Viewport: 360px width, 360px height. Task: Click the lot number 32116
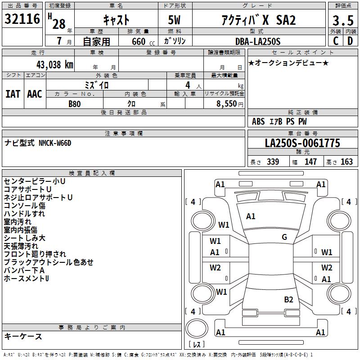pyautogui.click(x=22, y=20)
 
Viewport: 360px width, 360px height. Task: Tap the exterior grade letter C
pyautogui.click(x=335, y=41)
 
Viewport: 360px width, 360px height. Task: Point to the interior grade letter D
pyautogui.click(x=350, y=41)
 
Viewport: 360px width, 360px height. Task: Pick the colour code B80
pyautogui.click(x=75, y=103)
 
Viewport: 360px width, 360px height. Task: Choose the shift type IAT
pyautogui.click(x=13, y=94)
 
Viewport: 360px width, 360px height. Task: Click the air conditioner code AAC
pyautogui.click(x=35, y=94)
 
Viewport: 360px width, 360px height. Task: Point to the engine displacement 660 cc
pyautogui.click(x=138, y=41)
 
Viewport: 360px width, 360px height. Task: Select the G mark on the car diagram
pyautogui.click(x=284, y=237)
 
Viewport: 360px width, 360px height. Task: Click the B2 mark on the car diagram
pyautogui.click(x=288, y=300)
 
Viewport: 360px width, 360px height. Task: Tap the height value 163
pyautogui.click(x=346, y=162)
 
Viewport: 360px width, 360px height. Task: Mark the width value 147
pyautogui.click(x=310, y=162)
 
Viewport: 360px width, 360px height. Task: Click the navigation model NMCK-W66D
pyautogui.click(x=54, y=143)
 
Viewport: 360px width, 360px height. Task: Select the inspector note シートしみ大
pyautogui.click(x=24, y=238)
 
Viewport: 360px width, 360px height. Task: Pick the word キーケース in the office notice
pyautogui.click(x=23, y=337)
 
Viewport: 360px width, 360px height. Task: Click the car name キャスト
pyautogui.click(x=117, y=20)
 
